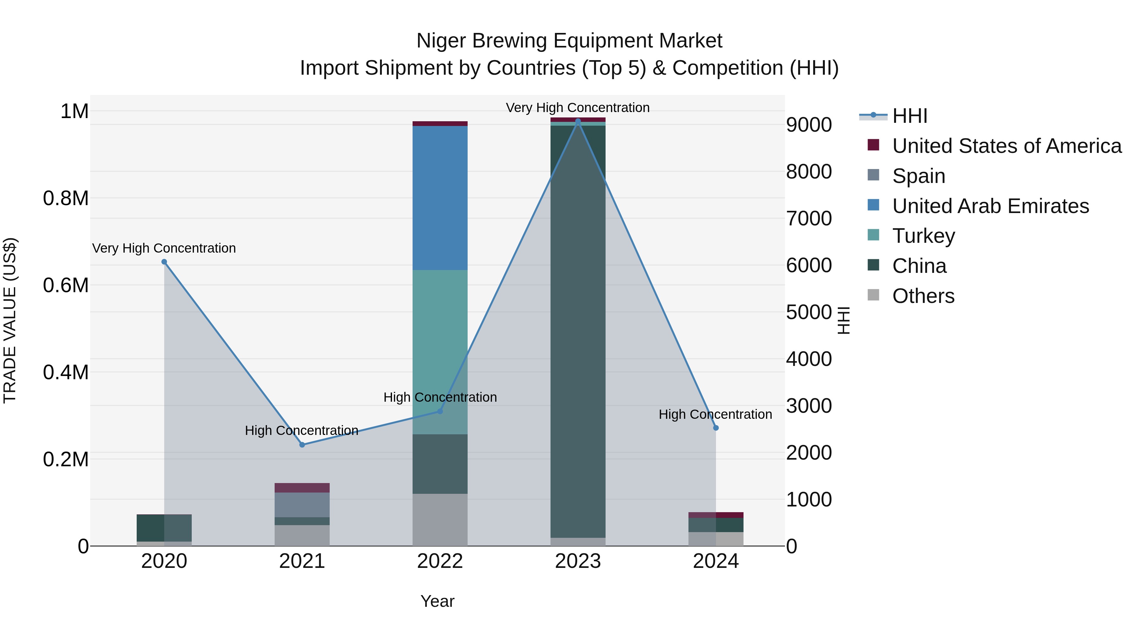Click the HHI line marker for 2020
point(164,262)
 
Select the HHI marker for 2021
point(302,445)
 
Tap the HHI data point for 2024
point(716,428)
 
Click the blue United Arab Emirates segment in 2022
point(440,198)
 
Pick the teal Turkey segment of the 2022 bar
point(440,352)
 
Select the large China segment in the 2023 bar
point(578,332)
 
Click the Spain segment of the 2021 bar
point(302,505)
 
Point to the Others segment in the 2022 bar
point(440,520)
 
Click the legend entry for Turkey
point(923,236)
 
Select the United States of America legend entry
point(1006,146)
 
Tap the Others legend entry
point(923,296)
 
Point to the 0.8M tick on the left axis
point(66,198)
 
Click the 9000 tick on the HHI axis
point(809,125)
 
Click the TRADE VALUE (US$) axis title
point(10,320)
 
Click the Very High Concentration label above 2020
point(164,248)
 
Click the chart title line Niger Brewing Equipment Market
point(569,41)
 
